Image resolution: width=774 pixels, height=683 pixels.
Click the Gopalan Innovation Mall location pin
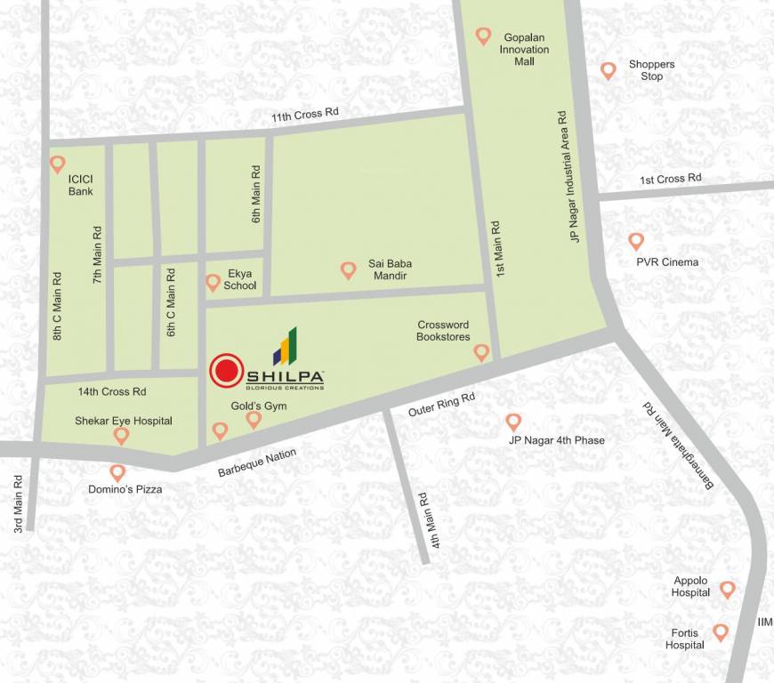483,36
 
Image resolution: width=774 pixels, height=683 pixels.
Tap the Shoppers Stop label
651,70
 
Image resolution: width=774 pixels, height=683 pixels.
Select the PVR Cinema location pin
636,241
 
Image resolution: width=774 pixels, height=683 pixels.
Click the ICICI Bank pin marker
58,164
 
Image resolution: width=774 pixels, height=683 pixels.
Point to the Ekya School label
241,280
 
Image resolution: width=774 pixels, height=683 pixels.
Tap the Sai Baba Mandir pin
348,269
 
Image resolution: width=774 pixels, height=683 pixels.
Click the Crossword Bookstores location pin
481,352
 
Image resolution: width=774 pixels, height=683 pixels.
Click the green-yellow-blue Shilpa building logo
285,347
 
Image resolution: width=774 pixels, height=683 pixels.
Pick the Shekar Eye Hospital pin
122,435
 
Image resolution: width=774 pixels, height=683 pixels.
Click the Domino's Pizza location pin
117,473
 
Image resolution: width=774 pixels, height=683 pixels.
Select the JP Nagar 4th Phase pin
513,422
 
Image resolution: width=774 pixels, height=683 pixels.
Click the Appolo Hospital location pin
727,589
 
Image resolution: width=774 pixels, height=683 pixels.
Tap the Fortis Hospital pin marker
721,632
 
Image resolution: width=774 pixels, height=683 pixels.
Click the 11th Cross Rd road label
305,116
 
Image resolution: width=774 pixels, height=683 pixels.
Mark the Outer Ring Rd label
442,406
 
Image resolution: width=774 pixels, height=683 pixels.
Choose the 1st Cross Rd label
671,179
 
